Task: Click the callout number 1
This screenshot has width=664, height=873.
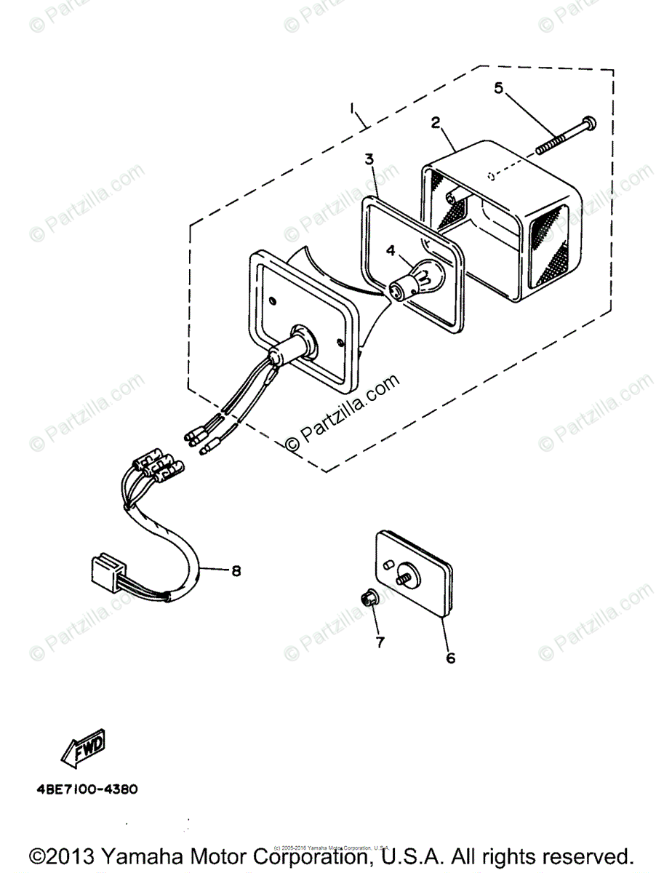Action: click(353, 108)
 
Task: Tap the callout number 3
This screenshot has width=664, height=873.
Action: click(369, 158)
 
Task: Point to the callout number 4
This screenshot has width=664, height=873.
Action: click(391, 251)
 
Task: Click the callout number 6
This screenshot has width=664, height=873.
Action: click(450, 658)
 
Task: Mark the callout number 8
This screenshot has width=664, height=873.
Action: click(215, 571)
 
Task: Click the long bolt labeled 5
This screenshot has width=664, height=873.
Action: click(564, 136)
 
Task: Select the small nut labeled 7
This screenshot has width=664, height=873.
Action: click(368, 598)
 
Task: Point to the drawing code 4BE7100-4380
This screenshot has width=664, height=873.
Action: click(84, 789)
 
